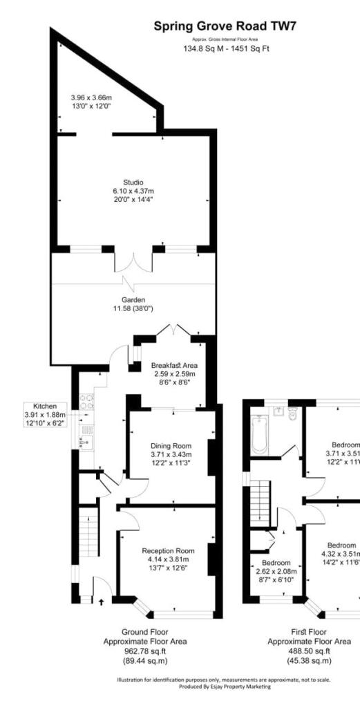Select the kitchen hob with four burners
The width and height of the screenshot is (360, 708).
86,401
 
